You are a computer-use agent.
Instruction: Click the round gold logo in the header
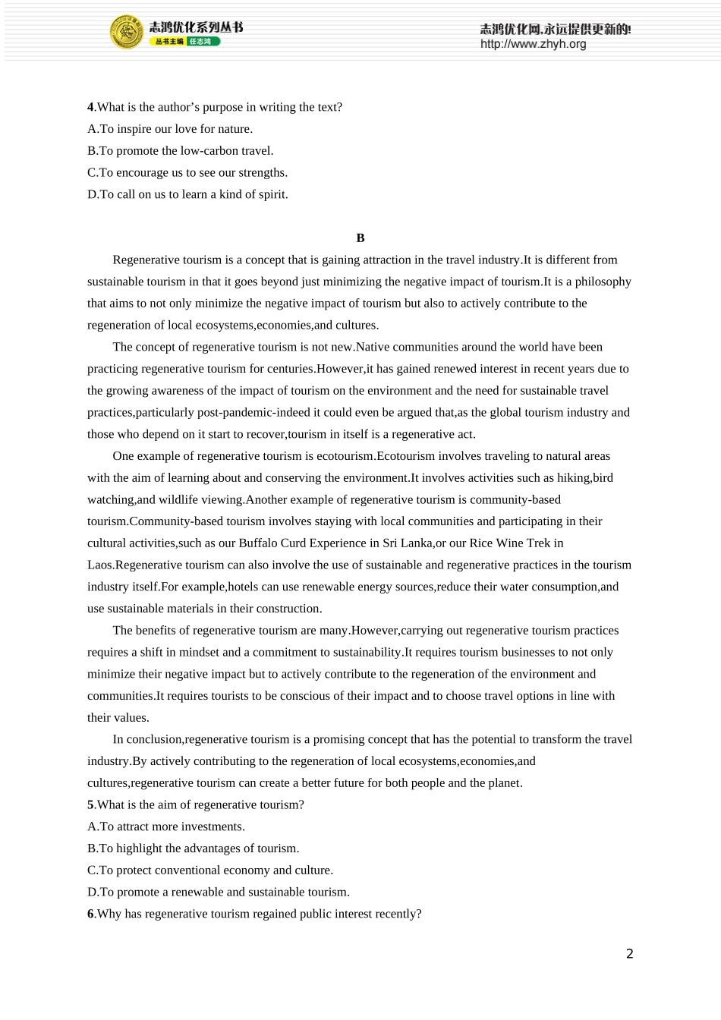coord(127,33)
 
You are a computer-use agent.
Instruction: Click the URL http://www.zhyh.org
coord(533,44)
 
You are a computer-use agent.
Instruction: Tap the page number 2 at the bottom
coord(629,954)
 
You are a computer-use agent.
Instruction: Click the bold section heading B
coord(360,238)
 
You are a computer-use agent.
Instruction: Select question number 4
coord(90,107)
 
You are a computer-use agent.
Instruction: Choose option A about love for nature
coord(170,129)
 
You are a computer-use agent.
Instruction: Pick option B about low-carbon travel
coord(181,151)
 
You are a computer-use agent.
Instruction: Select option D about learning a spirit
coord(187,194)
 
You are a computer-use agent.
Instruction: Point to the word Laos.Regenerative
coord(141,565)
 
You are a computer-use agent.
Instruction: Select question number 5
coord(90,805)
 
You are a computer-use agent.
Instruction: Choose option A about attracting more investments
coord(166,827)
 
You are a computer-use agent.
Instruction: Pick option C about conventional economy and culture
coord(210,870)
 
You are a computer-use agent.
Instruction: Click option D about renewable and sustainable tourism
coord(219,892)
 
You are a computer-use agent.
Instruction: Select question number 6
coord(90,915)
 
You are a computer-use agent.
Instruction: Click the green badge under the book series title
coord(203,42)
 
